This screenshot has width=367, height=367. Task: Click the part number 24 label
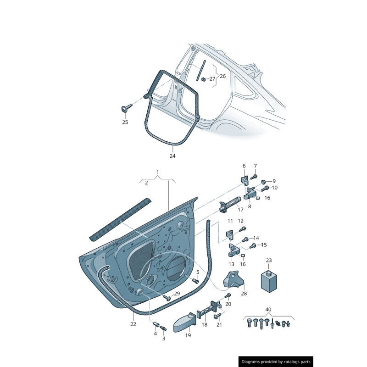pos(172,156)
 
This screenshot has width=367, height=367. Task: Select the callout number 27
pos(212,79)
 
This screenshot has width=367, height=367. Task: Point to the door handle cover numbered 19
pos(185,322)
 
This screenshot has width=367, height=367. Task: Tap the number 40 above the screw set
pos(268,309)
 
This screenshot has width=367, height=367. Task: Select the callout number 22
pos(133,324)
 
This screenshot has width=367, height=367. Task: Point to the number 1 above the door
pos(157,172)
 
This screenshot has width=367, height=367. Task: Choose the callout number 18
pos(205,324)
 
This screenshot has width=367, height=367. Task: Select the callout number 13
pos(231,264)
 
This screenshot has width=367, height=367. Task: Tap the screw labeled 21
pos(217,316)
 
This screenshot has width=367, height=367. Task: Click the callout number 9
pos(274,181)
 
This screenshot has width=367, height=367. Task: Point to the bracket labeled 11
pos(231,235)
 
